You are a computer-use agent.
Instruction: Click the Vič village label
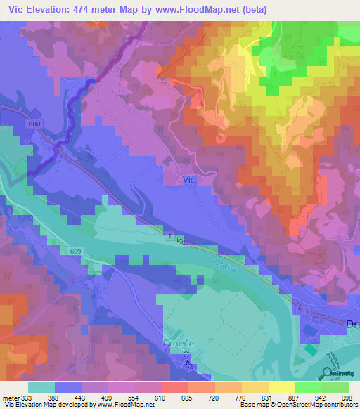(x=188, y=180)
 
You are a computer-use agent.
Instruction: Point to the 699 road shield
(x=77, y=250)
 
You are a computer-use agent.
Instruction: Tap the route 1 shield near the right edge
(x=307, y=310)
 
